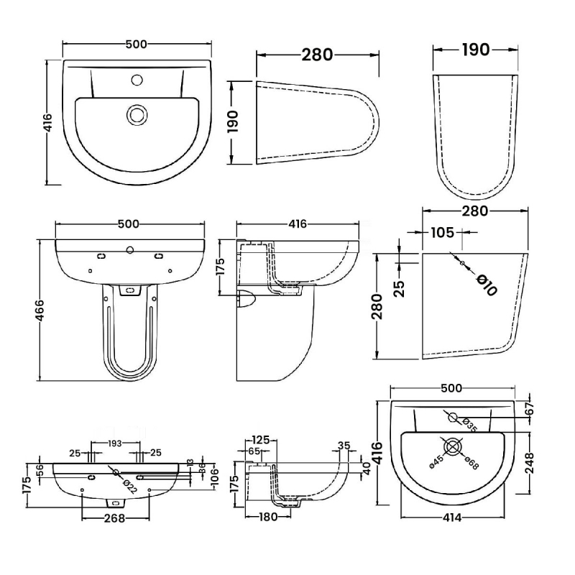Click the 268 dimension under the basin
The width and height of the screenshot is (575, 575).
click(x=116, y=517)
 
